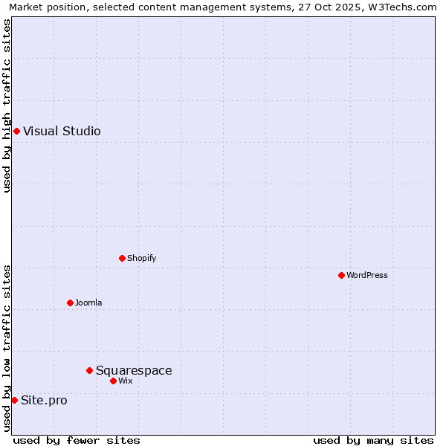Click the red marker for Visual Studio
(x=16, y=132)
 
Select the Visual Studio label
(x=62, y=132)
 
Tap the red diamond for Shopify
(x=122, y=258)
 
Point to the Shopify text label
(x=141, y=258)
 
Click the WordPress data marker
(x=341, y=275)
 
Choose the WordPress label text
(x=366, y=275)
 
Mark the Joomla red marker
(x=70, y=303)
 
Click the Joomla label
(x=88, y=303)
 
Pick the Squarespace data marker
(x=89, y=370)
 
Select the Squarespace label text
(x=134, y=370)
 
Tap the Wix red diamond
(x=113, y=381)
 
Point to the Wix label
(x=125, y=381)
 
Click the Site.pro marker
(x=14, y=400)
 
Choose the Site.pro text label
(x=44, y=400)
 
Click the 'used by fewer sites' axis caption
(x=77, y=440)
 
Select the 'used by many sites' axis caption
(x=373, y=440)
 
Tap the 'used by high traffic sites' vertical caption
(x=7, y=106)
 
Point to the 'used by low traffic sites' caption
(x=7, y=348)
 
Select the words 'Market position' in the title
(x=44, y=7)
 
